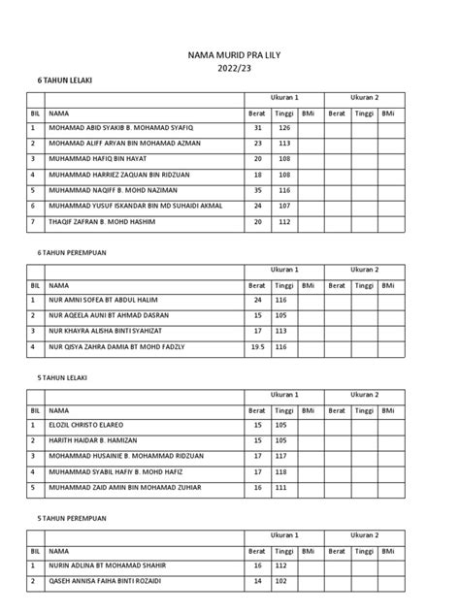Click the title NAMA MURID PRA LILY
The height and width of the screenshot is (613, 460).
(230, 58)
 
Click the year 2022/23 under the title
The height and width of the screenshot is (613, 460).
(230, 71)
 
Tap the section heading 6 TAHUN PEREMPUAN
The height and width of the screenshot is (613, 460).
(71, 251)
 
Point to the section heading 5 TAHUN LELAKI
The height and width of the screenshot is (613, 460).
(64, 378)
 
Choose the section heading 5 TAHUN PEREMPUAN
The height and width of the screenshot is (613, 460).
(71, 517)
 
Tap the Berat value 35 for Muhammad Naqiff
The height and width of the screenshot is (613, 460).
(257, 190)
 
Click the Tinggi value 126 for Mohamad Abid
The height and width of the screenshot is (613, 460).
(284, 128)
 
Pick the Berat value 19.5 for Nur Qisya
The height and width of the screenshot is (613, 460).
(257, 345)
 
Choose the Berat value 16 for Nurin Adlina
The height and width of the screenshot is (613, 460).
(257, 565)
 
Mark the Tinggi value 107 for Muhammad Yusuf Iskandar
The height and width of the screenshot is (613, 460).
(284, 206)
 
